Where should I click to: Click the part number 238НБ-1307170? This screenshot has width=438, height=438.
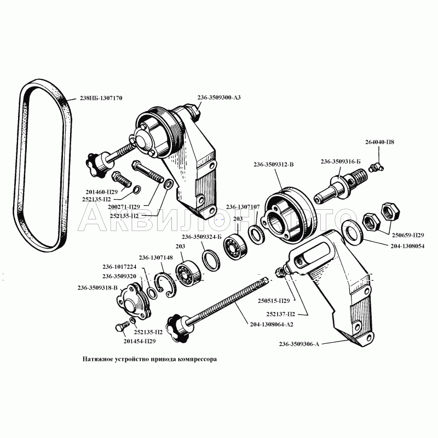101,98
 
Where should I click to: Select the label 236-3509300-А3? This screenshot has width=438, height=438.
219,97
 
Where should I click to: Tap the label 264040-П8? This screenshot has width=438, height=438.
379,142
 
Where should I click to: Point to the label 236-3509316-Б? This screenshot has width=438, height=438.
341,162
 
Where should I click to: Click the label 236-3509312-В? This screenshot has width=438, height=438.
274,164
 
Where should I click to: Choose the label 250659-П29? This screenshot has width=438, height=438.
408,235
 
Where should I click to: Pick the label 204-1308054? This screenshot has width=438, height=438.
407,246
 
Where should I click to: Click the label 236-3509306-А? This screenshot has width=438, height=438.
299,344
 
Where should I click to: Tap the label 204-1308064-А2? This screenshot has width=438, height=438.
272,324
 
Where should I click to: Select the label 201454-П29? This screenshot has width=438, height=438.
140,341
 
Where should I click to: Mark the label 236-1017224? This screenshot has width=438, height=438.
119,267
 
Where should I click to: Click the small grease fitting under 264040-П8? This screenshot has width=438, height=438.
376,168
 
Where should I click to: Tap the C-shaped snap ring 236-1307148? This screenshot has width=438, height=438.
166,285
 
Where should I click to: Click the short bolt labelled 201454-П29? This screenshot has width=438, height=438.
122,326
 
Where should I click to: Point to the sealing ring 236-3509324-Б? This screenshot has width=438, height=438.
211,261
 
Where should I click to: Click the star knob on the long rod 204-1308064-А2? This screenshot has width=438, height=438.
176,327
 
